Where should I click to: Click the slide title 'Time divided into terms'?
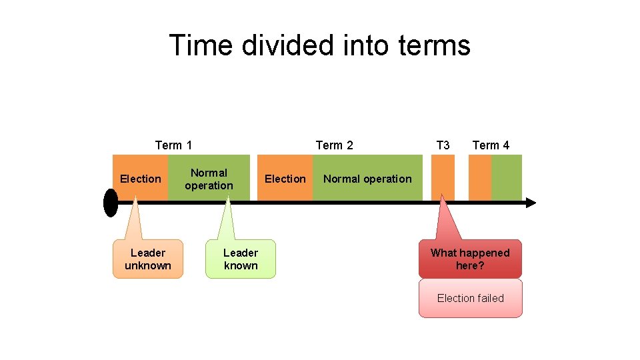[320, 45]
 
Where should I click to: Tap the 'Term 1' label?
[173, 145]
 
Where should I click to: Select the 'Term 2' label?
[334, 145]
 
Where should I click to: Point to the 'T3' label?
[443, 145]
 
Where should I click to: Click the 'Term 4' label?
[491, 145]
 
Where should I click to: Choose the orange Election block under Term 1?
[141, 178]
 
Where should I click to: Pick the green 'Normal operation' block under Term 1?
[209, 178]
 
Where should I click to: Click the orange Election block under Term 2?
[285, 178]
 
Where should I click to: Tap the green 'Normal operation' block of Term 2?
[367, 178]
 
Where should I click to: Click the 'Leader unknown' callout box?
[147, 259]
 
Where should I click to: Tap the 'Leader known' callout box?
[241, 259]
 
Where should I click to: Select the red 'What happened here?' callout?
[470, 259]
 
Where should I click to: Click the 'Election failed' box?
[470, 298]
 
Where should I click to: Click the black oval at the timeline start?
[111, 203]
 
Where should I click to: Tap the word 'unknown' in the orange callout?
[147, 265]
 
